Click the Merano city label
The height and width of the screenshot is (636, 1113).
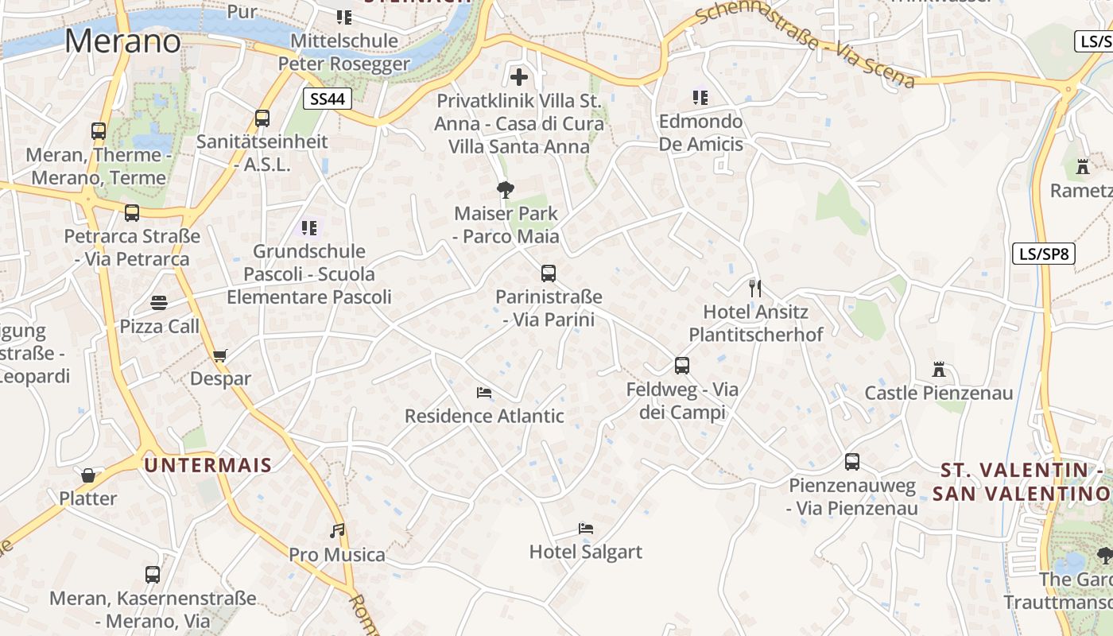pos(122,41)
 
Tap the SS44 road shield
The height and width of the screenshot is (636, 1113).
pos(327,99)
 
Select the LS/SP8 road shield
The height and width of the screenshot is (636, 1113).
pos(1044,254)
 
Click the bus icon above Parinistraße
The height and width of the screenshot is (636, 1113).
pos(548,273)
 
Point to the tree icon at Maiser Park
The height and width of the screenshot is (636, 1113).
pos(505,189)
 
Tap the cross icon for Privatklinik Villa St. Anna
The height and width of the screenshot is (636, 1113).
pos(519,77)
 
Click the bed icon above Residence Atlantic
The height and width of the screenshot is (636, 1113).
pos(483,392)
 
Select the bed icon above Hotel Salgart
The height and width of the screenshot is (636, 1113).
pos(586,528)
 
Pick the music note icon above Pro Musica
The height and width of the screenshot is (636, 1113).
pos(337,530)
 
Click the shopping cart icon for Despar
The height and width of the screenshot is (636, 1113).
pos(219,355)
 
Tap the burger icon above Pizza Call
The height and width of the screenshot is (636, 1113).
pos(159,303)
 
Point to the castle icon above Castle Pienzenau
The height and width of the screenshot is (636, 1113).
pos(939,370)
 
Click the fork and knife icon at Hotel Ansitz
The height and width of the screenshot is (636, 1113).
pos(754,288)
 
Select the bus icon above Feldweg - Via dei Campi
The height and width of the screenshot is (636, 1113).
pos(681,366)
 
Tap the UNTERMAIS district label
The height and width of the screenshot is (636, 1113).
pos(208,465)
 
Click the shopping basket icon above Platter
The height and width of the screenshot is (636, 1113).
pos(88,475)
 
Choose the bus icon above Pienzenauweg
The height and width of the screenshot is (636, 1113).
pos(852,462)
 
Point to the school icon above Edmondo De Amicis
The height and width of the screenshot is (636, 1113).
pos(700,98)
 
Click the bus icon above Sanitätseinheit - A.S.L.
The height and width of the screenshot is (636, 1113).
pos(262,118)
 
